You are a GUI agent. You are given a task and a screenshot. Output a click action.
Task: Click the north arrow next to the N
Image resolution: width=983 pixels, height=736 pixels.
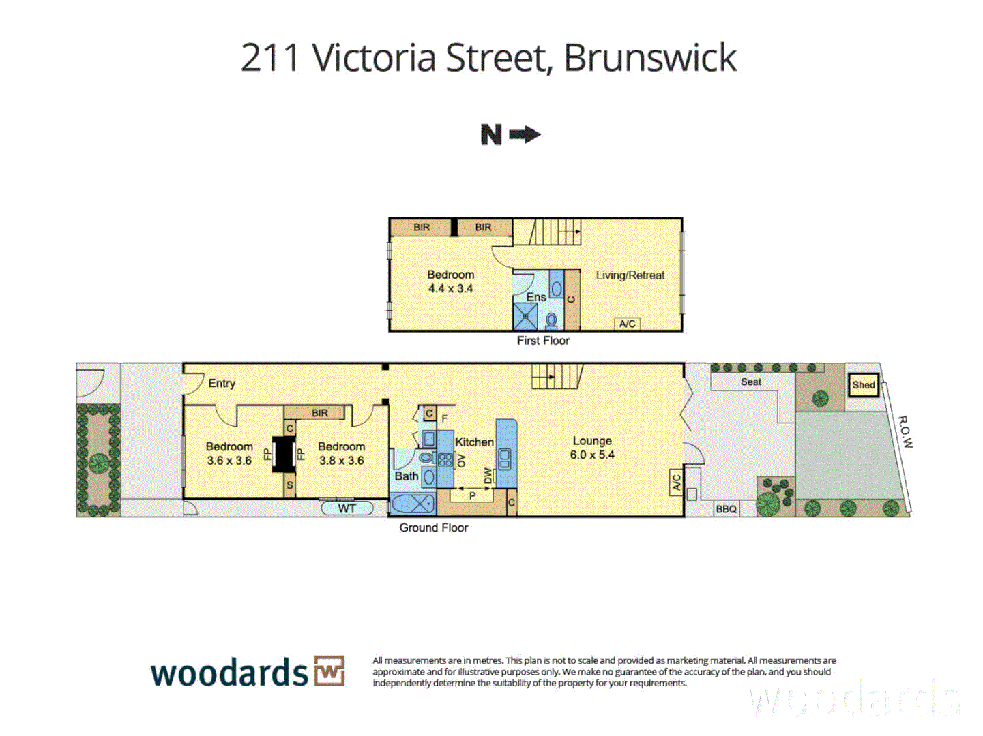tap(525, 135)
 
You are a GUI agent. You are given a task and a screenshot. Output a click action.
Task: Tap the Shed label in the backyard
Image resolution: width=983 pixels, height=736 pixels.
tap(863, 385)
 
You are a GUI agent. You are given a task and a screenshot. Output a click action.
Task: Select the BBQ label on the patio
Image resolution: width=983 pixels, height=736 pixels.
tap(726, 509)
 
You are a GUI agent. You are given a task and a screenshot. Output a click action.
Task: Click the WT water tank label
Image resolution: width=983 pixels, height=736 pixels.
tap(347, 508)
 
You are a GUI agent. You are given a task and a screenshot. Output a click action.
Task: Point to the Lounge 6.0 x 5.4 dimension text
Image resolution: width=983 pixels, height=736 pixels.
tap(592, 455)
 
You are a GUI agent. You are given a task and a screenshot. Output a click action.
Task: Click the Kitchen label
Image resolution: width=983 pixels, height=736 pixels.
tap(474, 442)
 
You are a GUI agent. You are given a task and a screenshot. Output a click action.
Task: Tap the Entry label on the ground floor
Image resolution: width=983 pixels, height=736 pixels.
tap(222, 384)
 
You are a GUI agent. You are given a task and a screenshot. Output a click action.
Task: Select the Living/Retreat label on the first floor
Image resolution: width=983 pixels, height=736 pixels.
tap(630, 275)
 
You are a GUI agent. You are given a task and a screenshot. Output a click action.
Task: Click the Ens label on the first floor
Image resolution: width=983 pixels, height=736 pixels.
tap(536, 297)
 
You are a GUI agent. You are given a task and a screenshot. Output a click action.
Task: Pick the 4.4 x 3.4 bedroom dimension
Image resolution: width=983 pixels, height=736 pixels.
tap(450, 289)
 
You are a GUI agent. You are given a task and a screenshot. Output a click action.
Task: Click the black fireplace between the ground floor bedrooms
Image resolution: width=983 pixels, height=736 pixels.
tap(284, 453)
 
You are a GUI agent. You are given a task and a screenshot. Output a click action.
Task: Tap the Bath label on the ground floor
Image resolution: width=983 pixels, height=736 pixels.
tap(406, 476)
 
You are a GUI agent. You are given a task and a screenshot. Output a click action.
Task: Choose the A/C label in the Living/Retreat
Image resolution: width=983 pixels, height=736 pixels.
tap(628, 324)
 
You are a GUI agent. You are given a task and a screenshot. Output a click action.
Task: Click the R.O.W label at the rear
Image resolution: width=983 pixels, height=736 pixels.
tap(905, 431)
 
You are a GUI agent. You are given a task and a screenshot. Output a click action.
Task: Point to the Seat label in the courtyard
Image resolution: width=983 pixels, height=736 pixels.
tap(751, 382)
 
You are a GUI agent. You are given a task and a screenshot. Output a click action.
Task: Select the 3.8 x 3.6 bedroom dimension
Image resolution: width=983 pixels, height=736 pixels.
tap(341, 461)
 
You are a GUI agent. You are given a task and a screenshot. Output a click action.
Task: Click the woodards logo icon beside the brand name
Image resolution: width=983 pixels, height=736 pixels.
tap(329, 671)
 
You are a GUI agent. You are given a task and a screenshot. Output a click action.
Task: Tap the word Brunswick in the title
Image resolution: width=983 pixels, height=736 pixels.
tap(650, 58)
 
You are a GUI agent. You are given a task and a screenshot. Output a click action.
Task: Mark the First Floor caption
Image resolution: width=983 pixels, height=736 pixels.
tap(543, 341)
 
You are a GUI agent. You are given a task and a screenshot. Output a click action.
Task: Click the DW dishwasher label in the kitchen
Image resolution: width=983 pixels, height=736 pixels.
tap(488, 475)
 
